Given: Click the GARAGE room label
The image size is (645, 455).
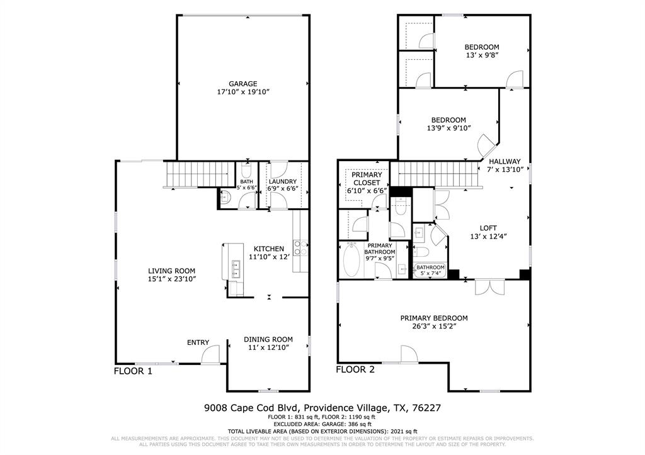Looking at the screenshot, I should [x=243, y=83].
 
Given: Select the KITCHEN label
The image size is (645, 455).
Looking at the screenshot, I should [x=269, y=249].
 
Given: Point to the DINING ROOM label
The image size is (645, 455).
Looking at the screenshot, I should [x=268, y=339].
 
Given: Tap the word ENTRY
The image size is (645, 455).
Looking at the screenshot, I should [x=198, y=342].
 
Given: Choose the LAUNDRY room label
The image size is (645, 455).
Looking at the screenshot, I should [x=282, y=181].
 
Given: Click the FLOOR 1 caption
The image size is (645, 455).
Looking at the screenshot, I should [x=133, y=371].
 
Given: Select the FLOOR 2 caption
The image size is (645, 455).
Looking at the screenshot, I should [x=355, y=370].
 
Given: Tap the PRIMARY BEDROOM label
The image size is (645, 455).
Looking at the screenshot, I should [x=434, y=318].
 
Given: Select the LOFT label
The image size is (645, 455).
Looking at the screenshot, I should [x=488, y=228].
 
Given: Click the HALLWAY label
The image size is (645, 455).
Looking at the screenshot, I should [x=505, y=161].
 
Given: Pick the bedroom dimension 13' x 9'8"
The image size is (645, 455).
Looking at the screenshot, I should [x=482, y=55].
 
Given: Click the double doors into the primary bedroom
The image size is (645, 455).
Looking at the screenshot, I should [x=484, y=286].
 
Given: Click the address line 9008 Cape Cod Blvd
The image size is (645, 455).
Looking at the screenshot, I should [x=322, y=408].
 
